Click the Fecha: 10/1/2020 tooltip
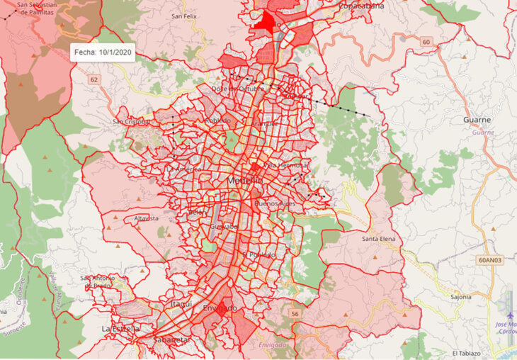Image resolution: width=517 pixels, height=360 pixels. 103,52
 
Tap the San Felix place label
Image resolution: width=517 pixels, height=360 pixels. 185,16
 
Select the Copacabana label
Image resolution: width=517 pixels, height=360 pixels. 361,6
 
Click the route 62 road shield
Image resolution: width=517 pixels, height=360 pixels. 94,79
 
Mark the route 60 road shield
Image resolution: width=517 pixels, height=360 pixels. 426,42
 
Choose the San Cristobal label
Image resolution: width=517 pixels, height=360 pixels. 131,121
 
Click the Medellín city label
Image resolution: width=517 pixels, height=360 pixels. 246,181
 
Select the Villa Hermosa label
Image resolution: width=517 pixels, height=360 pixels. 283,164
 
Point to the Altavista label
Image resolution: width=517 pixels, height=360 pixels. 147,219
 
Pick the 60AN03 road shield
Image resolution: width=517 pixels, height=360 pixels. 493,260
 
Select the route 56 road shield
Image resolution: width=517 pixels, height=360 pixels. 294,313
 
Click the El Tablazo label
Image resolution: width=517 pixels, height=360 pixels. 466,353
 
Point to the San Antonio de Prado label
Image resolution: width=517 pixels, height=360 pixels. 98,281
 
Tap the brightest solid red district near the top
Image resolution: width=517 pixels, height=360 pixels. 268,23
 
